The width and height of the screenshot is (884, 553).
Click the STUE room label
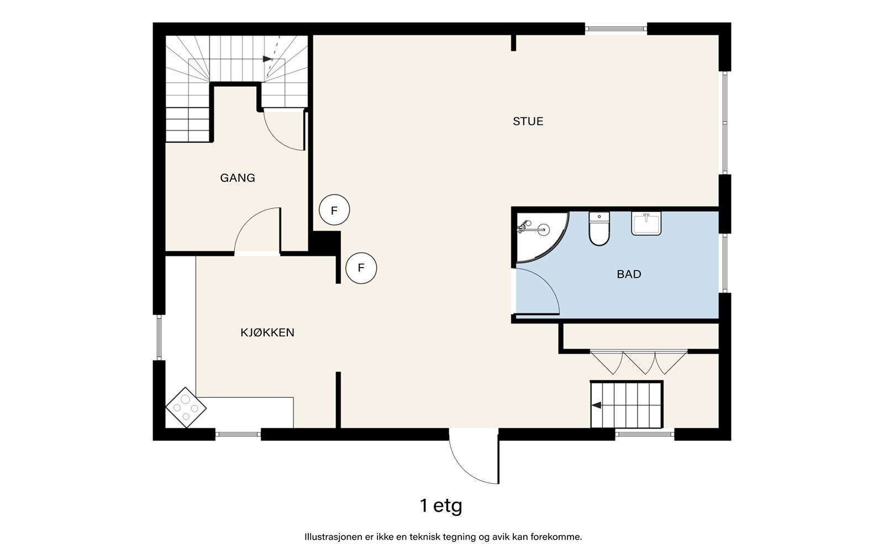[x=528, y=121]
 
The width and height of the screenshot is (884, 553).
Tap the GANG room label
[x=238, y=178]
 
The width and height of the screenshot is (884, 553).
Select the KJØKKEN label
[x=267, y=332]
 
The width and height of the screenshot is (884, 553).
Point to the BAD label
[x=629, y=274]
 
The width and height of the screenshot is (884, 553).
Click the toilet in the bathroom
[x=599, y=228]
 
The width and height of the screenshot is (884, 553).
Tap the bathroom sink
[x=646, y=223]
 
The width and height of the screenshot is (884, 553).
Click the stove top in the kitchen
[x=186, y=407]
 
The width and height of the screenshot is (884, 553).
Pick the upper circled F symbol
[x=334, y=210]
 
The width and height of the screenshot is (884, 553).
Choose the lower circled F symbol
[x=361, y=268]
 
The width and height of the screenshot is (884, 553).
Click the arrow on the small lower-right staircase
[x=596, y=405]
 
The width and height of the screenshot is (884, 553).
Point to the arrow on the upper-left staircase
[x=267, y=59]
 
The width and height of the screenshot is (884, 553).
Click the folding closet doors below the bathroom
[x=639, y=362]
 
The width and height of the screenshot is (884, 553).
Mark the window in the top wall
[x=615, y=28]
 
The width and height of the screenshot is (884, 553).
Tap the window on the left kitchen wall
[x=159, y=337]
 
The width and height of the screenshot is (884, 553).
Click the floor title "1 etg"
[x=441, y=506]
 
